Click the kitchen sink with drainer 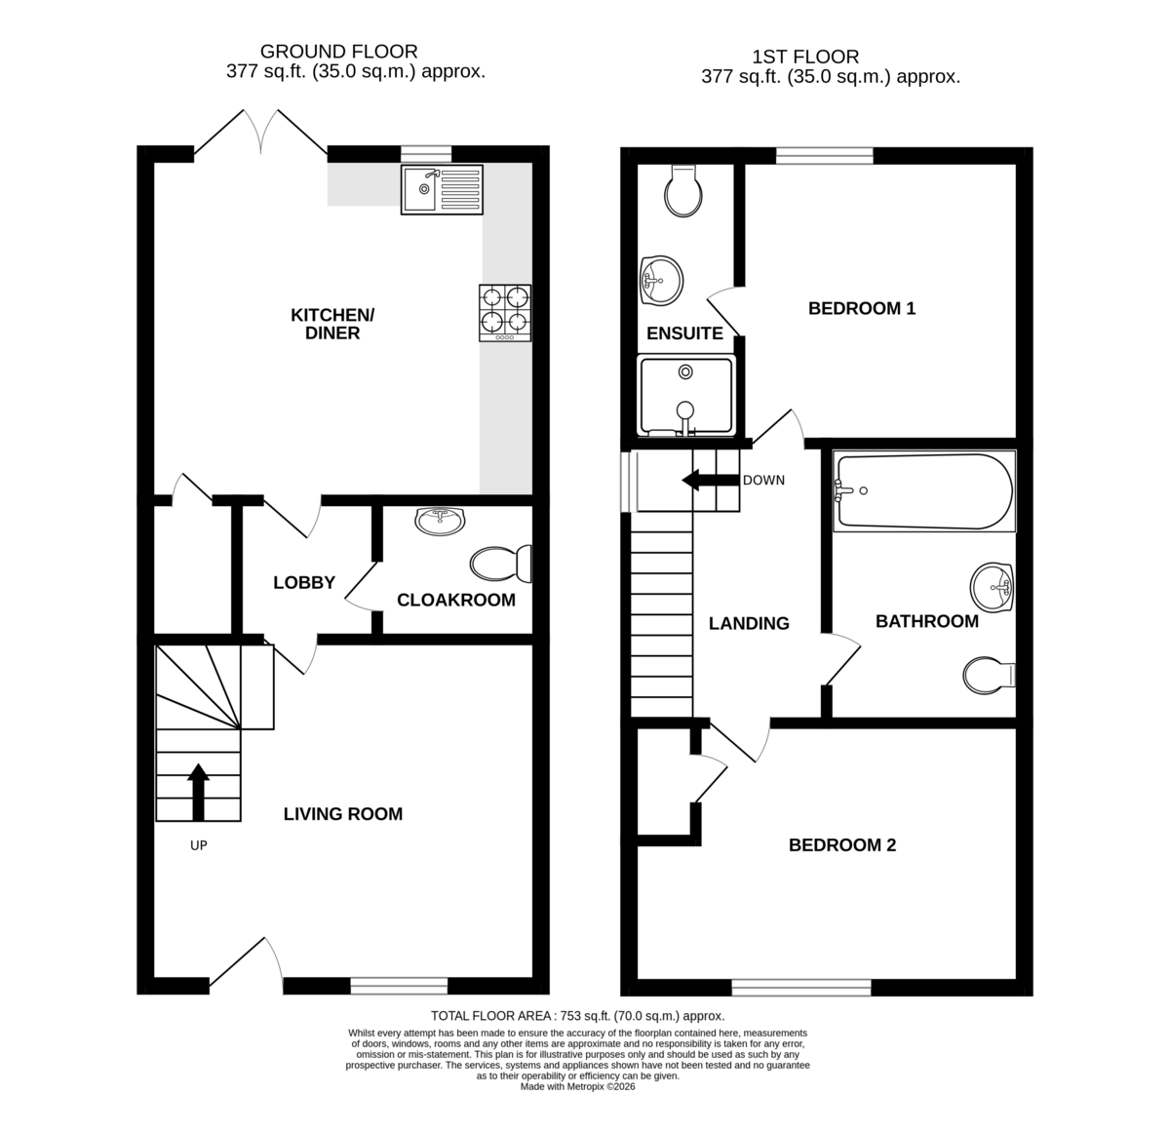pos(442,190)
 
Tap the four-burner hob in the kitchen pos(505,313)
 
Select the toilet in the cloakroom pos(501,565)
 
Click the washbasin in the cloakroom pos(440,521)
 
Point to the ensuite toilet pos(683,190)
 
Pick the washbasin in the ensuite pos(662,281)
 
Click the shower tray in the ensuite pos(686,395)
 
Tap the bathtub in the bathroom pos(924,491)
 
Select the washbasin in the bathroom pos(992,586)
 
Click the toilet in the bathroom pos(989,676)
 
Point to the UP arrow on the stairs pos(198,792)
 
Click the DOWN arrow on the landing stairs pos(710,481)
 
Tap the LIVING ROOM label pos(342,813)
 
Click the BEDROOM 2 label pos(841,845)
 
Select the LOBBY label pos(303,582)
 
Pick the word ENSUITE pos(684,333)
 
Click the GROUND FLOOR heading pos(338,52)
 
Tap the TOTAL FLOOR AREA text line pos(578,1016)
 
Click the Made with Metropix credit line pos(577,1087)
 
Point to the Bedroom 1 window pos(824,156)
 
